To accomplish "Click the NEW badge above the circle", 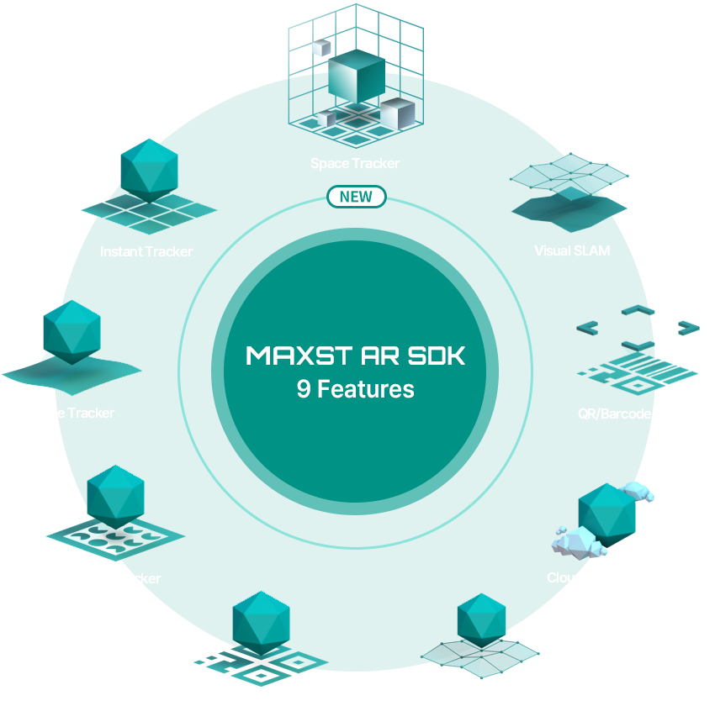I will pyautogui.click(x=356, y=197).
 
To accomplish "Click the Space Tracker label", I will pyautogui.click(x=355, y=163).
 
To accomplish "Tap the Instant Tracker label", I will pyautogui.click(x=146, y=251).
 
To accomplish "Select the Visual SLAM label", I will pyautogui.click(x=572, y=250).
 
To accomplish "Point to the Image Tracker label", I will pyautogui.click(x=71, y=413).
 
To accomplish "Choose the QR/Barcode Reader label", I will pyautogui.click(x=638, y=414).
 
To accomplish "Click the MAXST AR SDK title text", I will pyautogui.click(x=355, y=356).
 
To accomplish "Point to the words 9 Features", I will pyautogui.click(x=355, y=389).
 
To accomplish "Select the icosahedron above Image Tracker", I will pyautogui.click(x=71, y=331).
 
